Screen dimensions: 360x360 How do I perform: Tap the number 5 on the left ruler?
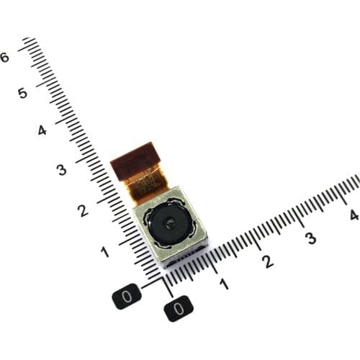coord(23,93)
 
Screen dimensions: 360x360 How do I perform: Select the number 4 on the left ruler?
coord(42,130)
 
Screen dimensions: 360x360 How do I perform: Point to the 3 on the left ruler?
coord(61,170)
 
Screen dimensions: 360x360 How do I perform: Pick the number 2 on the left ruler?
coord(83,210)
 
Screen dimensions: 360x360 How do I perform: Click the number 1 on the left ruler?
coord(105,251)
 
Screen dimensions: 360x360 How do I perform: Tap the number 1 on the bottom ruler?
coord(224,284)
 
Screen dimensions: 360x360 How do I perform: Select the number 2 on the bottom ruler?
coord(268,261)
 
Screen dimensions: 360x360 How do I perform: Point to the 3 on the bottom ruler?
coord(310,238)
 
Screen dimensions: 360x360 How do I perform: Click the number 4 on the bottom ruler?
coord(353,215)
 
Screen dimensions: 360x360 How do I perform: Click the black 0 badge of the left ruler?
coord(127,296)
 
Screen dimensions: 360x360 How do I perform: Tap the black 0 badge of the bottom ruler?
coord(178,309)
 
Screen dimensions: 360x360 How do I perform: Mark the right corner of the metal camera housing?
coord(208,240)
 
